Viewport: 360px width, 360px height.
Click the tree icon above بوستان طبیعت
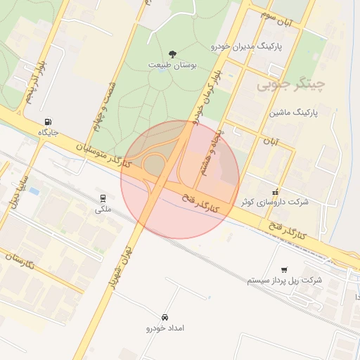(x=173, y=54)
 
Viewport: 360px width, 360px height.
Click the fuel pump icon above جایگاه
(x=48, y=121)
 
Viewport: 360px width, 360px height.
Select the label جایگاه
(x=48, y=131)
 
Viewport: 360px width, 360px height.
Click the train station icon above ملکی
(x=103, y=198)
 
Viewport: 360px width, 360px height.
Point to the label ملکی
(x=103, y=210)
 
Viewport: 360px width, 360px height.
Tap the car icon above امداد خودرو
(x=165, y=317)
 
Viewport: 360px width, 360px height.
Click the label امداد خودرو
(x=165, y=328)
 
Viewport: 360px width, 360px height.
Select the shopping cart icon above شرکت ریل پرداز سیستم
(x=284, y=269)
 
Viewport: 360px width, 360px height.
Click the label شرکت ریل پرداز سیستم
(x=284, y=280)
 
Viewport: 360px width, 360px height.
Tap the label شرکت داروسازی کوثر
(x=275, y=202)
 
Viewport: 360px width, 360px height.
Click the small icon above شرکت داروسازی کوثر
(x=275, y=192)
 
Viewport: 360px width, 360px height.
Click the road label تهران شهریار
(x=122, y=260)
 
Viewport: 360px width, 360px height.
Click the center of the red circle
(x=180, y=179)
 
